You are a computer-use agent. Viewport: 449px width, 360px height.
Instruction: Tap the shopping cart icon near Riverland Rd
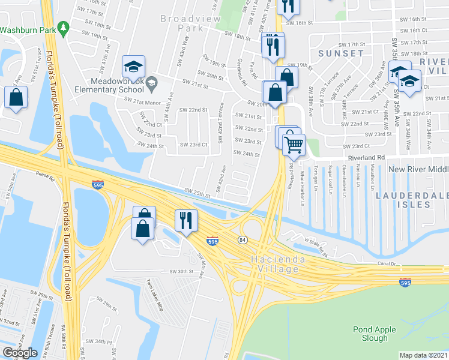[x=294, y=144]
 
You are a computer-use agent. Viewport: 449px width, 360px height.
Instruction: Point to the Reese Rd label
[x=45, y=178]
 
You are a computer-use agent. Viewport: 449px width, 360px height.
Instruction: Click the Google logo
[x=20, y=352]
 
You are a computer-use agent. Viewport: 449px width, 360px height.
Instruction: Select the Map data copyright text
[x=424, y=355]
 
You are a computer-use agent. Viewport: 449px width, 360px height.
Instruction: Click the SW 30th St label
[x=183, y=272]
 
